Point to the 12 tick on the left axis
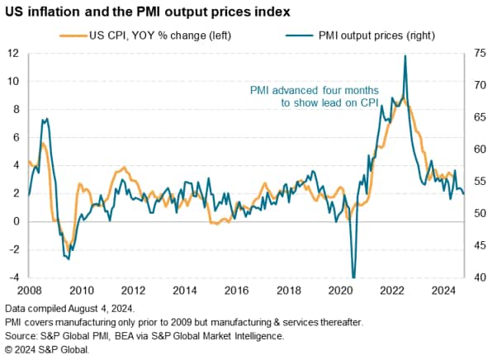point(14,54)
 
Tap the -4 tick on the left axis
point(14,278)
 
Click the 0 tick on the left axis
point(17,222)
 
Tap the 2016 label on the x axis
point(235,291)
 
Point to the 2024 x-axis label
point(442,291)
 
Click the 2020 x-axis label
point(338,291)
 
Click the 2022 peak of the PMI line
point(405,56)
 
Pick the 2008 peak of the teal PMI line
point(46,119)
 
